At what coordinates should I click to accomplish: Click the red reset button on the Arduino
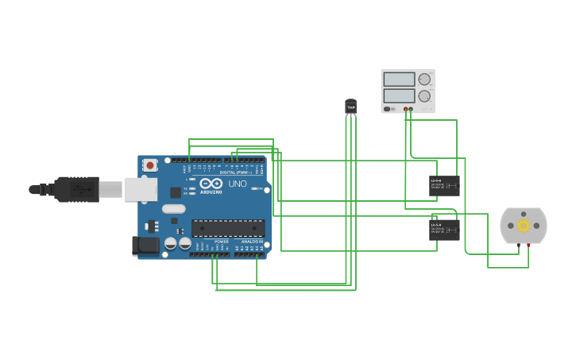[150, 165]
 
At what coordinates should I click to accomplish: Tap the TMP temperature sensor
[350, 106]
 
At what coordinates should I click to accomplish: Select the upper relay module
[444, 186]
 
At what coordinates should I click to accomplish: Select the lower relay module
[444, 230]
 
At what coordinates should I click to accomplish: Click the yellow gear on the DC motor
[524, 226]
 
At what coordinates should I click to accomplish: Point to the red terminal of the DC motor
[528, 246]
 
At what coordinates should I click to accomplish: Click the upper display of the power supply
[399, 79]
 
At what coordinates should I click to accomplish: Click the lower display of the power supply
[399, 95]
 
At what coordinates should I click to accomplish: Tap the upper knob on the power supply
[424, 79]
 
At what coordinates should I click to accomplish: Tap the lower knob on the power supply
[424, 95]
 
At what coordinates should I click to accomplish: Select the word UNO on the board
[238, 184]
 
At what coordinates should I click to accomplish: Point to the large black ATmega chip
[228, 228]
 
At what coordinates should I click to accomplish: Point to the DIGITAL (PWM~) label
[235, 172]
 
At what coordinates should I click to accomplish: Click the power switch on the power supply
[389, 109]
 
